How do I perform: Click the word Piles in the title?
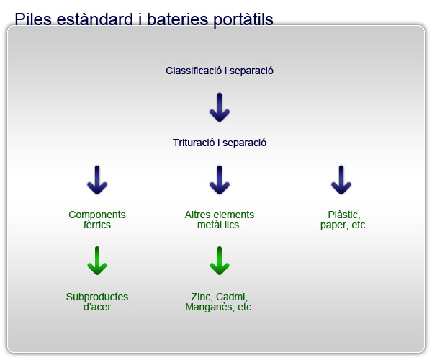pos(33,19)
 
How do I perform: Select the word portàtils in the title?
pos(243,20)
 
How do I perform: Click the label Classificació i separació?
pos(220,71)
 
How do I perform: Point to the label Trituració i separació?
pos(220,143)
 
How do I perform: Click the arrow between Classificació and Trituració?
pos(220,107)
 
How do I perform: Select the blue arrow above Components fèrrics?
pos(97,180)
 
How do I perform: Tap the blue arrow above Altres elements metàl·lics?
pos(220,180)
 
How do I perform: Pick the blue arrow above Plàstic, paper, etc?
pos(341,180)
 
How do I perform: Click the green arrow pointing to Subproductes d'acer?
pos(97,261)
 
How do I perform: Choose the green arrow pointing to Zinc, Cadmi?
pos(220,261)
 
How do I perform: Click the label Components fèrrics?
pos(97,220)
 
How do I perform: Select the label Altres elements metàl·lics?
pos(220,220)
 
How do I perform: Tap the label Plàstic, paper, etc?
pos(344,220)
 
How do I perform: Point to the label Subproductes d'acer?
pos(97,302)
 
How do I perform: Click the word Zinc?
pos(202,297)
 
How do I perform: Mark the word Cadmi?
pos(232,297)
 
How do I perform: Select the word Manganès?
pos(210,307)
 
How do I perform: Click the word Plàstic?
pos(344,215)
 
